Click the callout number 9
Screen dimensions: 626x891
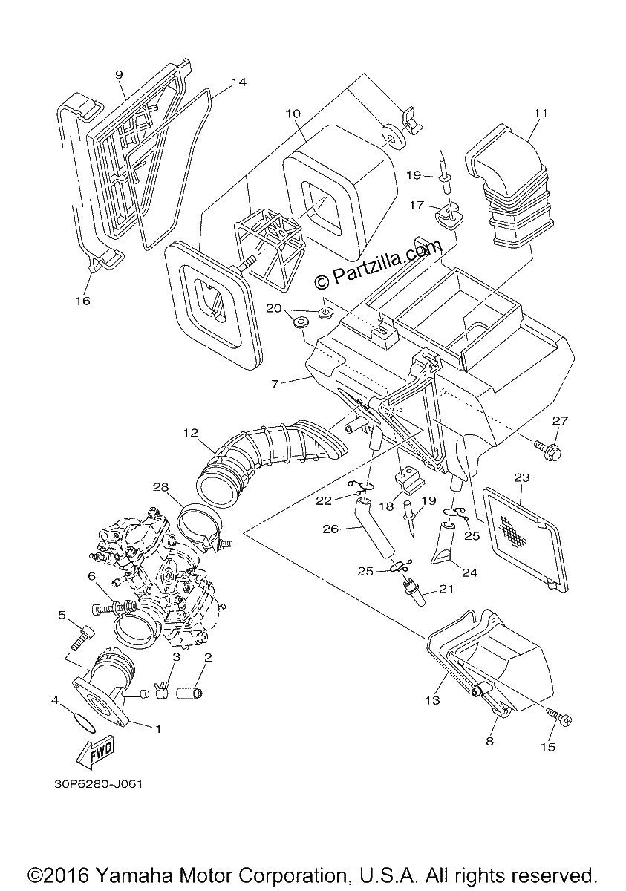point(120,75)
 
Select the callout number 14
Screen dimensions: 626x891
point(239,82)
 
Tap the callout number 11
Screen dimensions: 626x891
point(541,114)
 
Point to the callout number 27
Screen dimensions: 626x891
point(560,420)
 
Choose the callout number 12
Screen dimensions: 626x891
point(191,432)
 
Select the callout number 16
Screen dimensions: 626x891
point(83,301)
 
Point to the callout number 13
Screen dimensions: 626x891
point(433,699)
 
